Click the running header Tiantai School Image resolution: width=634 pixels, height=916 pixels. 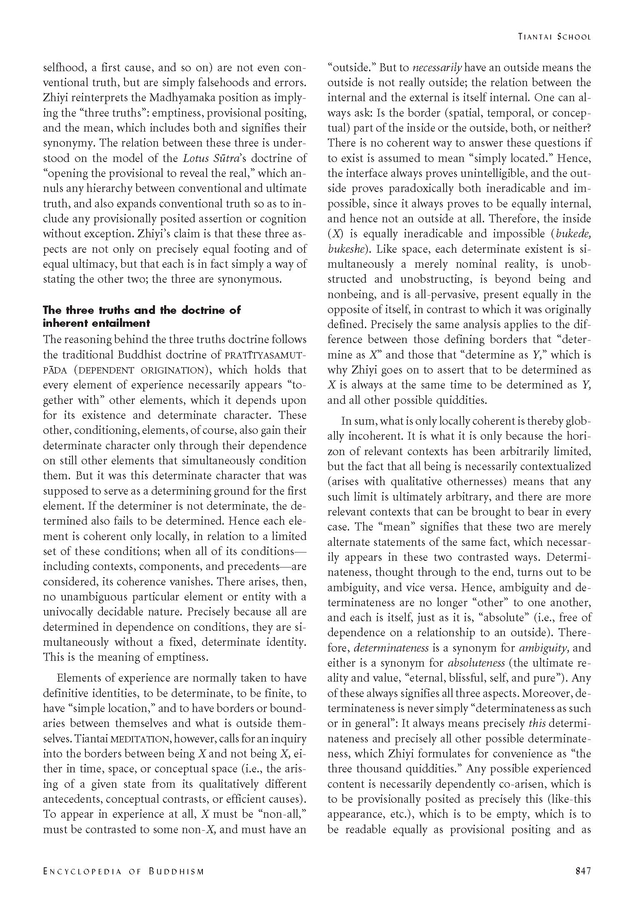coord(554,37)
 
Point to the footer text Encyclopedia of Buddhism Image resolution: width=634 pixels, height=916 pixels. coord(124,871)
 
